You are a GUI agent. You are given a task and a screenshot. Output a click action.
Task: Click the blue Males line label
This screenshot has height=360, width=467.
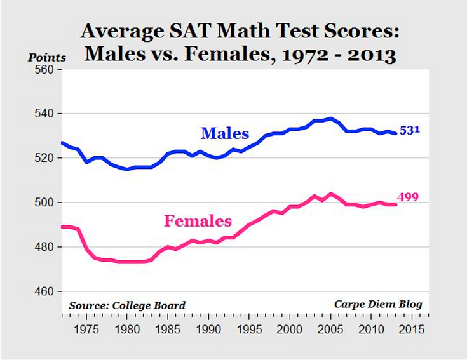(225, 133)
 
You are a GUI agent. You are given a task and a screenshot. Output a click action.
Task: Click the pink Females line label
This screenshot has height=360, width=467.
(198, 222)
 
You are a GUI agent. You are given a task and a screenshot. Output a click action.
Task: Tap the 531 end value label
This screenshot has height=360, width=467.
(410, 130)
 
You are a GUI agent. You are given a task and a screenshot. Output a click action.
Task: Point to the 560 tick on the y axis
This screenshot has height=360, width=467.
(44, 69)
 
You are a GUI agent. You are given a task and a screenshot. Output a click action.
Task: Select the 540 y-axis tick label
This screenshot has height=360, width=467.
(44, 114)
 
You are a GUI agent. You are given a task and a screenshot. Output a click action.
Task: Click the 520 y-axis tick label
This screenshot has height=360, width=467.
(44, 158)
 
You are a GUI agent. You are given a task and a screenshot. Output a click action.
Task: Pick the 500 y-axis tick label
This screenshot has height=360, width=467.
(44, 203)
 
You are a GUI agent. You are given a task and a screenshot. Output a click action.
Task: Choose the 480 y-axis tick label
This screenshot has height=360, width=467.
(44, 247)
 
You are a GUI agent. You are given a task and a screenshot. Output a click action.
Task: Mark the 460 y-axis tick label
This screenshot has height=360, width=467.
(44, 291)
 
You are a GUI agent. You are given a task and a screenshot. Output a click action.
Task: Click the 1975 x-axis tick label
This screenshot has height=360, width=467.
(86, 330)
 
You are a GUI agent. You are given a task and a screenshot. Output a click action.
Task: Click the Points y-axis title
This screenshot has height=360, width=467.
(47, 57)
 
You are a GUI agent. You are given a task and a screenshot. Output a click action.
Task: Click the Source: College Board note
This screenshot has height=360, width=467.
(127, 305)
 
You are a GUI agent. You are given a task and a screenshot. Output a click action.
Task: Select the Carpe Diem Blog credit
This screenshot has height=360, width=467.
(378, 304)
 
